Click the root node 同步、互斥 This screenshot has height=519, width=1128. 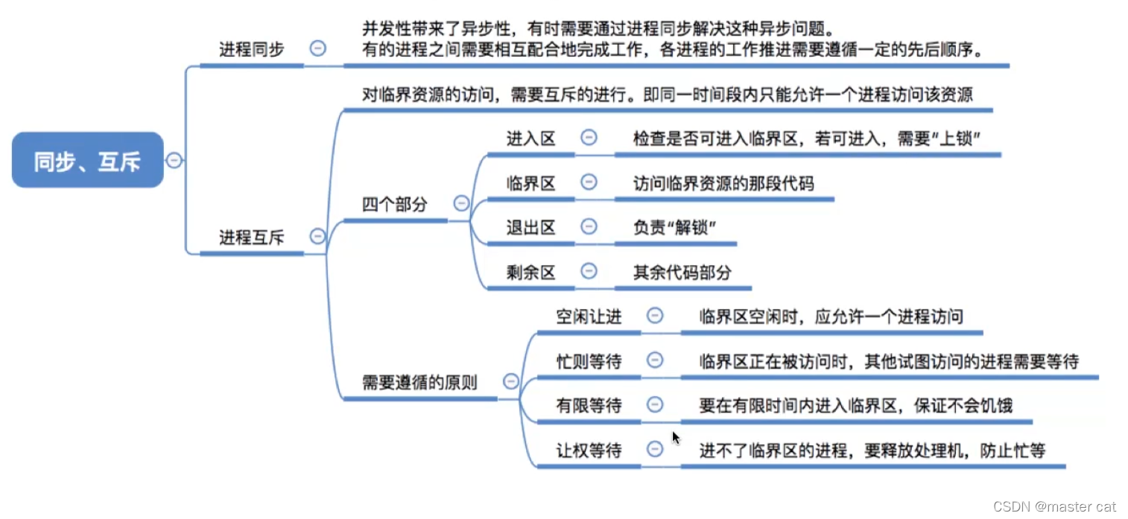pos(87,160)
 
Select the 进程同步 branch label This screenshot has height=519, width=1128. pos(251,50)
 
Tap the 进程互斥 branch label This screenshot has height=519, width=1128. pos(251,238)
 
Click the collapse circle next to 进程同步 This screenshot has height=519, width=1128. pos(317,48)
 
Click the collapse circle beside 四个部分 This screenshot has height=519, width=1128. pos(461,203)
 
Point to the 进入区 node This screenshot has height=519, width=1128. pos(530,138)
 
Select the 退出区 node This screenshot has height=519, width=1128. pos(530,227)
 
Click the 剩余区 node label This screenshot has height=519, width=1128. pos(530,272)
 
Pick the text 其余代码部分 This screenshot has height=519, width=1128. pos(682,272)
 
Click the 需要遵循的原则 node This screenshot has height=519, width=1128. pos(419,382)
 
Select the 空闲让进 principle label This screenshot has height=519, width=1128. pos(589,316)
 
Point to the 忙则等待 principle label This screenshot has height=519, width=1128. pos(589,361)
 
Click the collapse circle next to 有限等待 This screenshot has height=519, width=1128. pos(655,404)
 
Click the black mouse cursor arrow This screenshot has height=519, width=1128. pos(676,438)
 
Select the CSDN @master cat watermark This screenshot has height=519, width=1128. pos(1054,506)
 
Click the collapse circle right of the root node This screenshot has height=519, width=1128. pos(174,160)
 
